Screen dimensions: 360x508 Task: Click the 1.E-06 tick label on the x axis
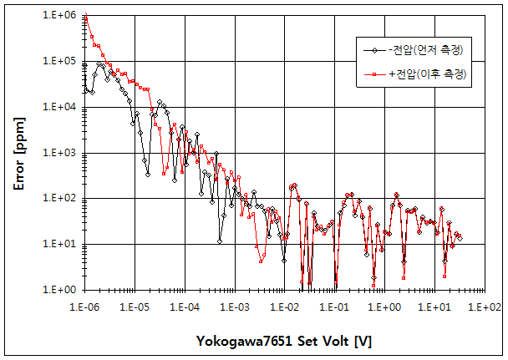coord(86,307)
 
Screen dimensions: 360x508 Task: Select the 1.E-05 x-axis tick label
coord(135,307)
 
